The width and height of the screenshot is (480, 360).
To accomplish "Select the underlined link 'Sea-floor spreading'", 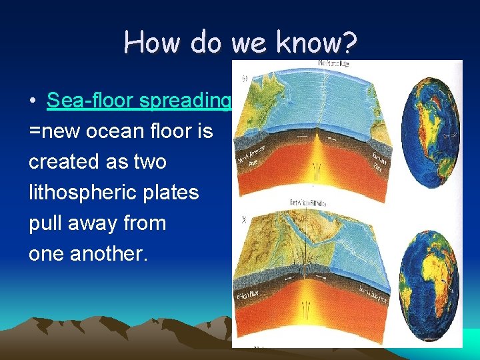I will (139, 101).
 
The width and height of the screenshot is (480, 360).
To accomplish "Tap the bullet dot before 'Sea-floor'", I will (33, 101).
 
